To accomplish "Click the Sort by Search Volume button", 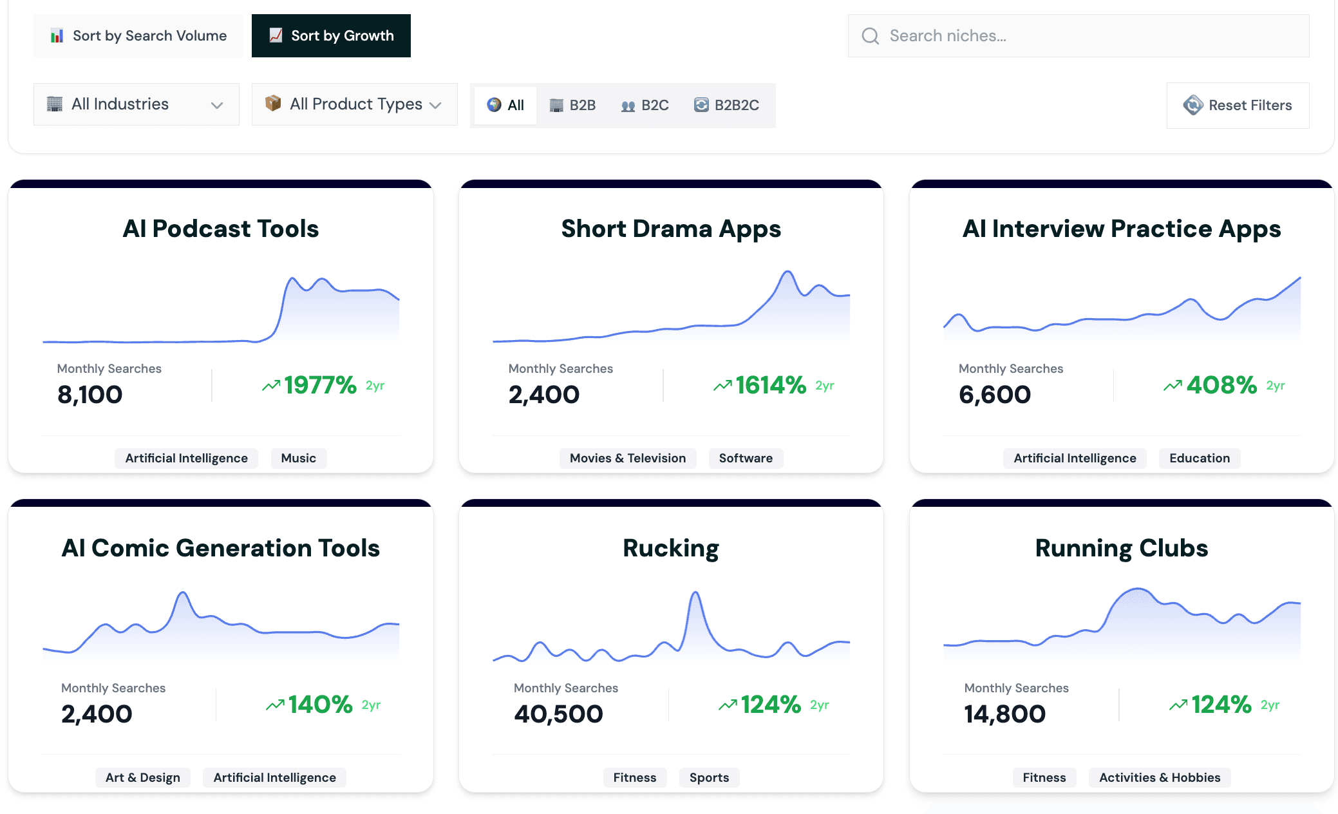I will [138, 36].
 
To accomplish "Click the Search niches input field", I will [1078, 36].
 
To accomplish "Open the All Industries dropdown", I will [136, 104].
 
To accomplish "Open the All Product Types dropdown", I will [354, 104].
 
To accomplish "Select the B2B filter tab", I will [572, 105].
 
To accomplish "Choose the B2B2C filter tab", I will [726, 105].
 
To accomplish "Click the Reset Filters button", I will [1237, 105].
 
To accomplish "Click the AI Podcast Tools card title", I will [220, 229].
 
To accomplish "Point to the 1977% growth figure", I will [320, 385].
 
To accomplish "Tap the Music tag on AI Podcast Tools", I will [298, 458].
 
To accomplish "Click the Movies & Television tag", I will [627, 458].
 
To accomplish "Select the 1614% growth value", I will [771, 385].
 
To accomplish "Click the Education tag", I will [1199, 458].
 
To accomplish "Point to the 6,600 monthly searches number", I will [994, 394].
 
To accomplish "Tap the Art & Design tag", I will [142, 777].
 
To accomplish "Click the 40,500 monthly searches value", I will [558, 714].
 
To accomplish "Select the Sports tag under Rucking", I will [709, 777].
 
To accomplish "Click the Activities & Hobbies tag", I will [1159, 777].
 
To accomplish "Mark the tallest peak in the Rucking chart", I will [695, 592].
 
